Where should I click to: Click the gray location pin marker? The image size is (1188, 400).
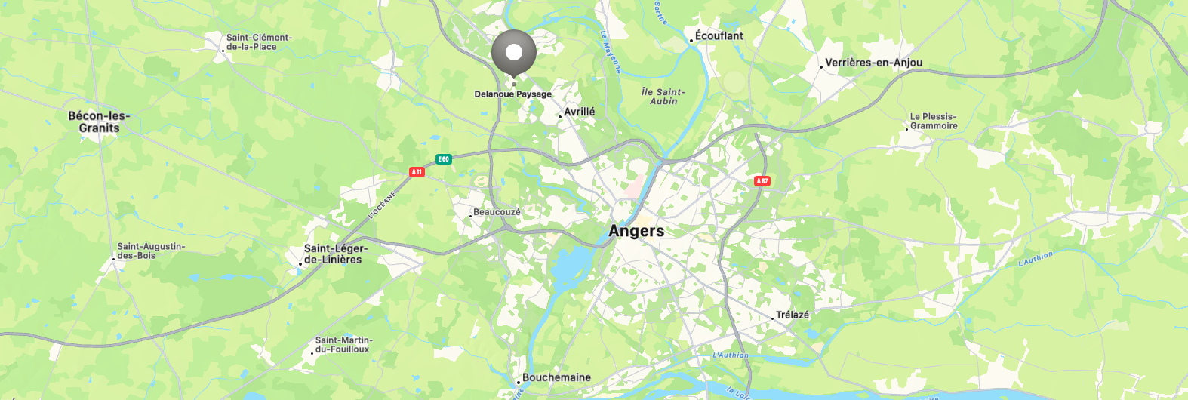point(514,53)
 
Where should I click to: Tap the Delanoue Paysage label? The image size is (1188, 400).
point(513,94)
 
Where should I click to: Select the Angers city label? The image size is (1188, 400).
point(636,231)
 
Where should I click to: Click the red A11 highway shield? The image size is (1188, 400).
point(417,172)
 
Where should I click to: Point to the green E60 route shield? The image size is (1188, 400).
point(444,159)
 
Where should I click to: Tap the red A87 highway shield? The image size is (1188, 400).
point(762,181)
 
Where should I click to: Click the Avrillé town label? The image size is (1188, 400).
point(579,112)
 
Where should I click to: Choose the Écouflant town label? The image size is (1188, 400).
point(719,36)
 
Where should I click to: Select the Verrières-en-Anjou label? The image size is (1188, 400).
point(873,63)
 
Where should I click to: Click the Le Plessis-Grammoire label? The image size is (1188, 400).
point(933,122)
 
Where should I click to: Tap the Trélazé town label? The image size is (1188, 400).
point(792,315)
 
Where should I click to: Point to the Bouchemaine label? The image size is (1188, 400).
point(556,377)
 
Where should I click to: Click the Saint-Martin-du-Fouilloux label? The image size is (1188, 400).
point(343,345)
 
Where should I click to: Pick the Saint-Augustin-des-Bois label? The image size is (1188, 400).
point(150,251)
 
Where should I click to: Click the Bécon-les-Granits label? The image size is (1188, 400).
point(99,122)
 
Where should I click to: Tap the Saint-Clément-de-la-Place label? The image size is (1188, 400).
point(259,42)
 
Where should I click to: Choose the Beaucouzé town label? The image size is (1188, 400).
point(497,212)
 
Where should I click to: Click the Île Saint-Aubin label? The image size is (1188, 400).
point(663,96)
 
